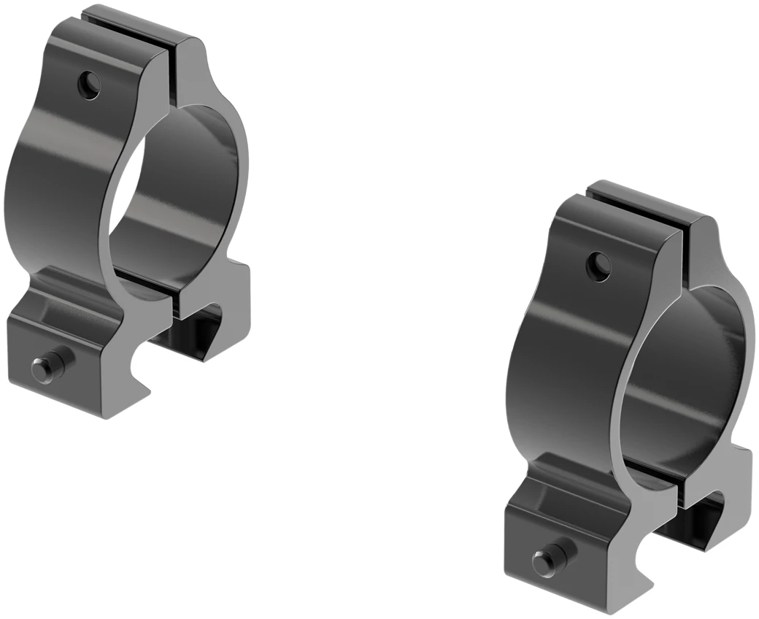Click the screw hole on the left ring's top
90,85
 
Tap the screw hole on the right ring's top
598,266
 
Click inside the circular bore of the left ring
179,197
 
